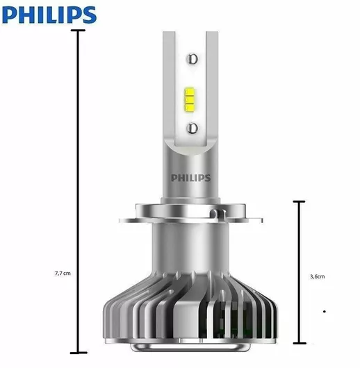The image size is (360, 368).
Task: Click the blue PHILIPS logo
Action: (x=49, y=15)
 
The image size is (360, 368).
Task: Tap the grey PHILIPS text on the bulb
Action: (x=190, y=178)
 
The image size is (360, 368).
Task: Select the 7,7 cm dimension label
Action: (x=63, y=274)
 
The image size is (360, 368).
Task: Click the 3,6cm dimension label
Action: (x=317, y=276)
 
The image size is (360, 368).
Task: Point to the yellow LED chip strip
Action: (x=190, y=99)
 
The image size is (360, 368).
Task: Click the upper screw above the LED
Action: (x=193, y=59)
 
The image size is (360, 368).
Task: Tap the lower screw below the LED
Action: (x=192, y=128)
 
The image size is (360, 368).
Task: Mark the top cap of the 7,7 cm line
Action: (x=78, y=31)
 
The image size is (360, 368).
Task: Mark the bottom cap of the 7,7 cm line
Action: (x=79, y=353)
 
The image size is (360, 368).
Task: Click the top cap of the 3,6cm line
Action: (x=299, y=201)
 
